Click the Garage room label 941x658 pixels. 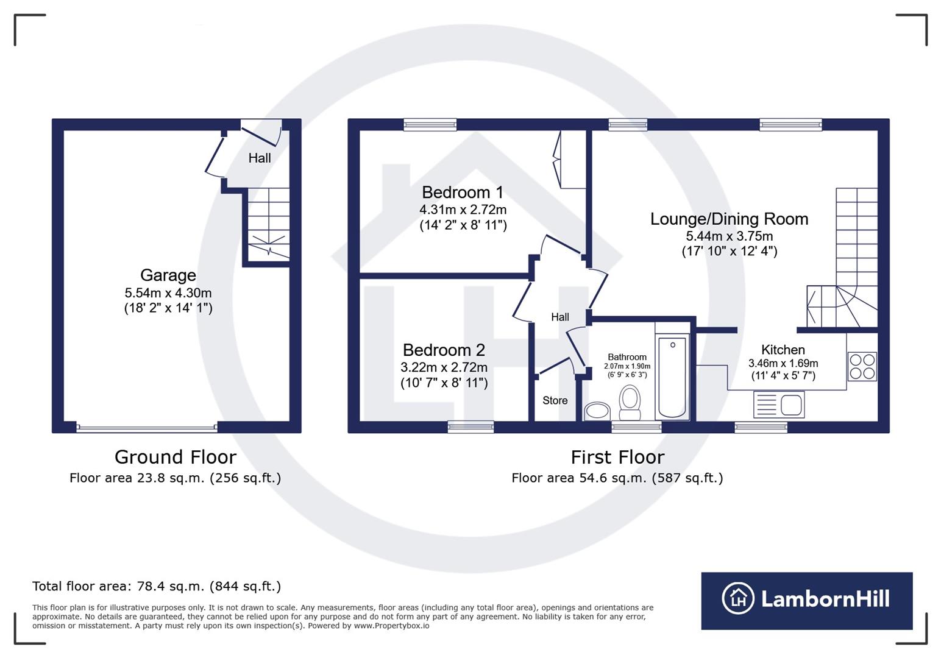168,275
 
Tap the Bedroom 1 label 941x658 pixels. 463,193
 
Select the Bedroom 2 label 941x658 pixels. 444,350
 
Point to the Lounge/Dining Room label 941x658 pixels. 729,219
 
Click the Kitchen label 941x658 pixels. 783,350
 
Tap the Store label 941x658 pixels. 555,400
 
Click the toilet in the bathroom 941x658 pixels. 630,403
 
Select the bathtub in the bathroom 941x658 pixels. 672,378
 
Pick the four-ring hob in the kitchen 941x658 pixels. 862,367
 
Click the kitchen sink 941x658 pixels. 779,405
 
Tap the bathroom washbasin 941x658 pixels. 597,411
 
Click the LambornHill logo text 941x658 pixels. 825,599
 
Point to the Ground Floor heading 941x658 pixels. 175,457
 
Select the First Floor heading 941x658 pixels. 617,457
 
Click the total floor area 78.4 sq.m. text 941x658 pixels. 157,586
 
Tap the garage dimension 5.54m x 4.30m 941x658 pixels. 168,293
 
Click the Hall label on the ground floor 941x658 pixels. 260,158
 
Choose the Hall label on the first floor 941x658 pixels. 559,317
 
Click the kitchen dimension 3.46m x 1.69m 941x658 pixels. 783,364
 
